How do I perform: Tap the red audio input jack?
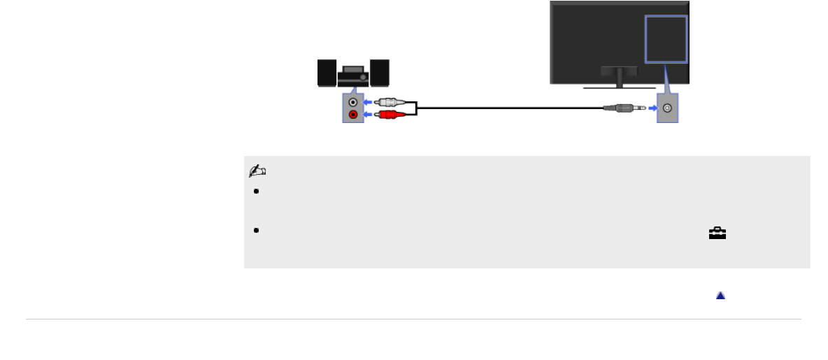point(354,115)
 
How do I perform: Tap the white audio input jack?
point(354,102)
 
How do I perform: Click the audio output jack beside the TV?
point(668,108)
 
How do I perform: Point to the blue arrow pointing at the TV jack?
point(652,108)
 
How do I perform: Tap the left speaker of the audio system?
point(327,73)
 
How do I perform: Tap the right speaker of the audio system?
point(380,73)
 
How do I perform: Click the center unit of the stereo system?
point(353,76)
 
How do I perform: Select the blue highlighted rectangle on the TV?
point(666,39)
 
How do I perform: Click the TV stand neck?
point(619,76)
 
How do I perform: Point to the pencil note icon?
point(257,171)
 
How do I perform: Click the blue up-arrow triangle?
point(720,296)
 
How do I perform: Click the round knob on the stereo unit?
point(364,76)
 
